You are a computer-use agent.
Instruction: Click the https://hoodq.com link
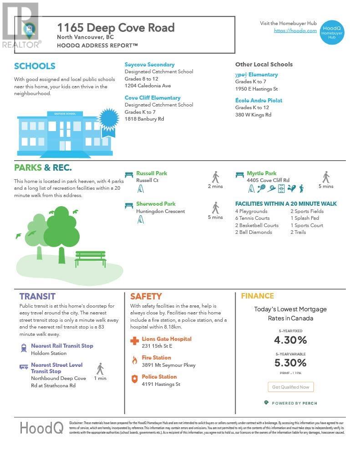(x=295, y=30)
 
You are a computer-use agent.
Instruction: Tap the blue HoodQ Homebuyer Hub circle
(x=331, y=32)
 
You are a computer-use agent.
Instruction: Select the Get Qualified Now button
(x=290, y=387)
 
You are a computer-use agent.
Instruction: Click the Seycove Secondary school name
(x=149, y=65)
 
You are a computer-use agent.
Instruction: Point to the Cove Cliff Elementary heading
(x=152, y=98)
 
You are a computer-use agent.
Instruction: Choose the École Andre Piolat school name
(x=259, y=101)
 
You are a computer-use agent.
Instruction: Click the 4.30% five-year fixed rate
(x=290, y=340)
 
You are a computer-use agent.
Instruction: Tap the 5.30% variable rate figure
(x=290, y=363)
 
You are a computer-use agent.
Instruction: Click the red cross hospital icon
(x=134, y=341)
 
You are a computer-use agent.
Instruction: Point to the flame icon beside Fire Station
(x=134, y=360)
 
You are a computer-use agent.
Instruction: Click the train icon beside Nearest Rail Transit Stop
(x=24, y=348)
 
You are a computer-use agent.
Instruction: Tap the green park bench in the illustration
(x=90, y=258)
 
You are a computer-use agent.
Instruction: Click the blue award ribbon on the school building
(x=109, y=120)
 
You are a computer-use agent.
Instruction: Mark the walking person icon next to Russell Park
(x=215, y=177)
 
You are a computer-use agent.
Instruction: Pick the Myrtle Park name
(x=261, y=173)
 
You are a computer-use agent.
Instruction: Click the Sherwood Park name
(x=156, y=204)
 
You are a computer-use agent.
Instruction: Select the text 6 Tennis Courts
(x=252, y=218)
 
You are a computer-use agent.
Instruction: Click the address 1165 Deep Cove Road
(x=116, y=27)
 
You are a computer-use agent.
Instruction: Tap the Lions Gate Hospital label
(x=167, y=339)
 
